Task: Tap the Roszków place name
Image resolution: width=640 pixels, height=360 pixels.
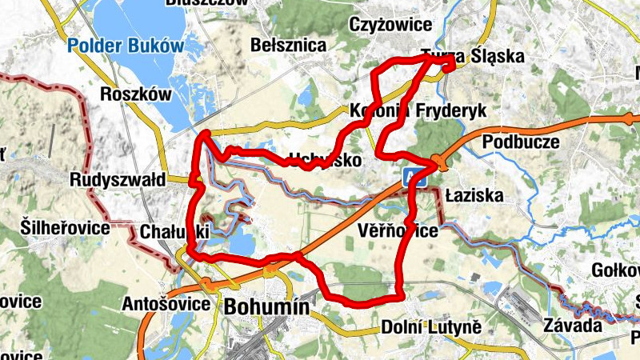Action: pos(136,94)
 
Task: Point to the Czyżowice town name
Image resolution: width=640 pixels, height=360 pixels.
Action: pos(390,25)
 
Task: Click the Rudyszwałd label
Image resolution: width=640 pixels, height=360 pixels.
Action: pos(117,178)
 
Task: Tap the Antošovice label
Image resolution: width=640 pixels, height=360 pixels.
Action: pos(166,304)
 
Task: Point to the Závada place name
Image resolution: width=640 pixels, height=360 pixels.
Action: pos(571,326)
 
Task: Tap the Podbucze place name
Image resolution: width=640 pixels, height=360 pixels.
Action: pos(523,142)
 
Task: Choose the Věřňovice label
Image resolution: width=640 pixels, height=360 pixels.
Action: pos(398,231)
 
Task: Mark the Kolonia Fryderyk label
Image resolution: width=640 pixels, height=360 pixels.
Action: pos(418,111)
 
